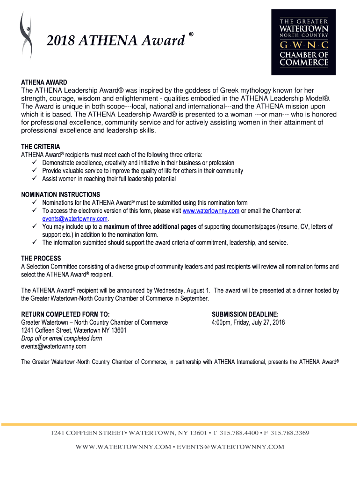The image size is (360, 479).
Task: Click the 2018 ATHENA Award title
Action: (x=116, y=42)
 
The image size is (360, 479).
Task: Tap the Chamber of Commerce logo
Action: (x=303, y=42)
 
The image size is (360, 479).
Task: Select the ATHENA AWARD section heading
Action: (x=44, y=82)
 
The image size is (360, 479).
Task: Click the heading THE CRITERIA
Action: (x=41, y=147)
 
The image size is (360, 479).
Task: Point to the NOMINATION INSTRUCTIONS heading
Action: (x=61, y=195)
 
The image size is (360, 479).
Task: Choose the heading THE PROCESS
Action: (x=41, y=259)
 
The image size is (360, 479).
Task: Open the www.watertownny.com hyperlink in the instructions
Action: (x=211, y=211)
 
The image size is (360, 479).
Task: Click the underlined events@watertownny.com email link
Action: (x=75, y=218)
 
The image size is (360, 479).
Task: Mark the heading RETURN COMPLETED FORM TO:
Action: (x=66, y=314)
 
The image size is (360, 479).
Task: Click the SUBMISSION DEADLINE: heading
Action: (x=245, y=314)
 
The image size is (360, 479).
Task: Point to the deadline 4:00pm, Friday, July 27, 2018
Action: (x=248, y=322)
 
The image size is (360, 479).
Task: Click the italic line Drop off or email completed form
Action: (x=62, y=338)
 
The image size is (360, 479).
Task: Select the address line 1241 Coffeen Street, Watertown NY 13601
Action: (x=74, y=330)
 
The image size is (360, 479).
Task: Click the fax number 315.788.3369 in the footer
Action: (x=290, y=433)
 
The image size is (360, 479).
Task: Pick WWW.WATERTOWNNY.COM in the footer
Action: (x=123, y=447)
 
